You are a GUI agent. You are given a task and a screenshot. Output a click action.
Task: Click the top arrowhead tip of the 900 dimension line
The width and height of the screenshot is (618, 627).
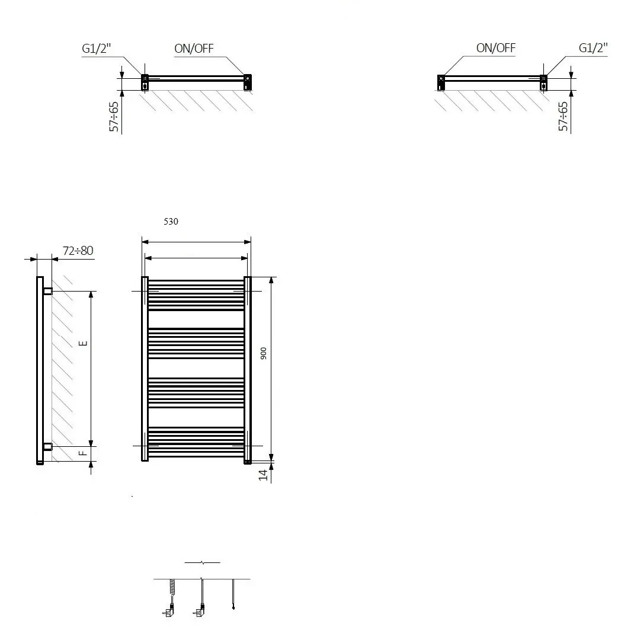[x=271, y=277]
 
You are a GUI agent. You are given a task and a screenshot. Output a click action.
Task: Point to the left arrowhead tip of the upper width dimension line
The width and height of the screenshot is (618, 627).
[x=142, y=242]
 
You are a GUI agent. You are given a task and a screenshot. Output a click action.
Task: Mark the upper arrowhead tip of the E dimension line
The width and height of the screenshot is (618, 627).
[x=91, y=292]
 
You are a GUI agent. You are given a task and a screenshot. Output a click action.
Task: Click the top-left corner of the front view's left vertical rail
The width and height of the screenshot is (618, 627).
[x=142, y=277]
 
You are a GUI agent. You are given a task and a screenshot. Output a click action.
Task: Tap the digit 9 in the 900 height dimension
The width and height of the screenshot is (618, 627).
[x=264, y=357]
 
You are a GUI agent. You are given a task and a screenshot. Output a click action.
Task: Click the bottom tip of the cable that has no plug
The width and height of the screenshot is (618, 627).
[x=233, y=609]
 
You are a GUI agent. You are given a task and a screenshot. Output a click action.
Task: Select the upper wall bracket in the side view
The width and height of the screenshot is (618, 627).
[x=47, y=291]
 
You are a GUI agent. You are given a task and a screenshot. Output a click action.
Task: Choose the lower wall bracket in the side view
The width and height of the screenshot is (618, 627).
[x=47, y=447]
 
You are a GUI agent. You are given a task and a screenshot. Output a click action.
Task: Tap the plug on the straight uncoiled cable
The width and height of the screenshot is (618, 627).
[x=200, y=610]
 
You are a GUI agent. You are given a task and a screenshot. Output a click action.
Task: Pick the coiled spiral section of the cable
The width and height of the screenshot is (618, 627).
[x=172, y=590]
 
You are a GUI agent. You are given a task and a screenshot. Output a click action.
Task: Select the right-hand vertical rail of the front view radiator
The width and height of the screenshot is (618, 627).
[x=248, y=370]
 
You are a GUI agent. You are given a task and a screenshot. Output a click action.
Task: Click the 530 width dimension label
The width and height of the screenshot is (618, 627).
[x=171, y=222]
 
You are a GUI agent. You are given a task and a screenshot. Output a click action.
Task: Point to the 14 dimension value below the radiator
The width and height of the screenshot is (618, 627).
[x=262, y=475]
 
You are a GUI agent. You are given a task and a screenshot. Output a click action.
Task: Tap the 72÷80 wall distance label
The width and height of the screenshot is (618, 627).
[x=78, y=251]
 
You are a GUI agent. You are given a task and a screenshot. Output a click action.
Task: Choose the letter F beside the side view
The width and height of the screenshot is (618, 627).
[x=83, y=453]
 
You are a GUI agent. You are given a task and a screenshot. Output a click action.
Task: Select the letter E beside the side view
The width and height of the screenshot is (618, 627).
[x=83, y=343]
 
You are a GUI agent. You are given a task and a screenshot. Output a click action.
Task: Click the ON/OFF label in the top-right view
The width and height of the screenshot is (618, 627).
[x=496, y=48]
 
